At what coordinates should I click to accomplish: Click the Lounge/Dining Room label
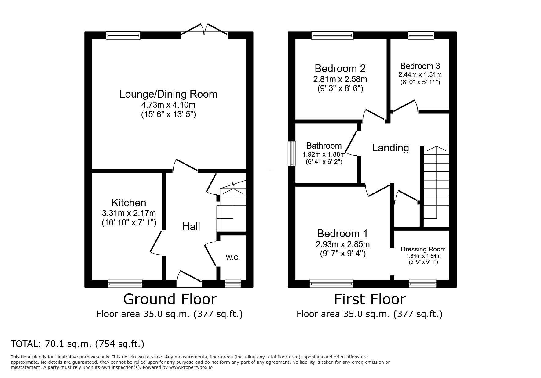click(168, 94)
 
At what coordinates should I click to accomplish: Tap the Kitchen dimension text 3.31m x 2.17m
click(129, 213)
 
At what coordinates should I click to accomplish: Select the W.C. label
click(233, 258)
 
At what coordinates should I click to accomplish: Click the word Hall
click(191, 226)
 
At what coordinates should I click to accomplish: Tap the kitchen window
click(125, 284)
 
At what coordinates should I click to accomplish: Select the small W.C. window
click(233, 284)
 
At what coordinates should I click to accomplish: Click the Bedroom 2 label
click(340, 68)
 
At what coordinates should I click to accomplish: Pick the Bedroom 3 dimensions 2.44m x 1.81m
click(420, 74)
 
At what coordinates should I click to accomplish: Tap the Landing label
click(390, 148)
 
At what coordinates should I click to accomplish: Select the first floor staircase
click(436, 186)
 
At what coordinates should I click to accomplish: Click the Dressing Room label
click(423, 249)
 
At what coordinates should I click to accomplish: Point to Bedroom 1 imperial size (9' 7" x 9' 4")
click(343, 254)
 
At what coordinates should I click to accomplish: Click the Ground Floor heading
click(170, 299)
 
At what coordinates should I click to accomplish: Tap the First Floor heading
click(370, 299)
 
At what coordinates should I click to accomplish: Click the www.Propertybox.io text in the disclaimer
click(191, 367)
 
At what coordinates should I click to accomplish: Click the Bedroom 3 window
click(421, 36)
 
